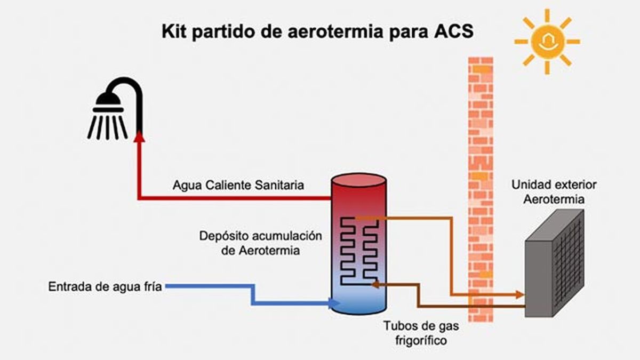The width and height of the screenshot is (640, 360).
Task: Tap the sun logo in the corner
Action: point(547,41)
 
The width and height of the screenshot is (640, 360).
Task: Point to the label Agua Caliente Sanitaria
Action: point(238,186)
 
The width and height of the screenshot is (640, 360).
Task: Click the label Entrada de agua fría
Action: point(105,287)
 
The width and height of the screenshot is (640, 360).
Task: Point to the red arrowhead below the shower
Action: point(140,137)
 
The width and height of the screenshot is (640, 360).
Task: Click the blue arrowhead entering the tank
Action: point(335,303)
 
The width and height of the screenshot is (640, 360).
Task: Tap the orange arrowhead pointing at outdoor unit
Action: point(519,294)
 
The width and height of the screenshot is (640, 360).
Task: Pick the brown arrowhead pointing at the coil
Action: point(375,285)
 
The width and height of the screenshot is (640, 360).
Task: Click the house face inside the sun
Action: point(547,42)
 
